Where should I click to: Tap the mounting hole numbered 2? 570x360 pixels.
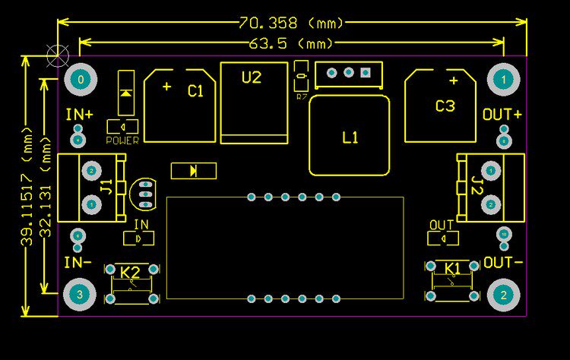[x=503, y=294]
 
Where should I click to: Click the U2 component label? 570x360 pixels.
[x=252, y=77]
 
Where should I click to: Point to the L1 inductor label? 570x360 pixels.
[x=350, y=137]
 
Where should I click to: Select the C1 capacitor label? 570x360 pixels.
[x=195, y=91]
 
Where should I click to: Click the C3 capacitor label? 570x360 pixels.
[x=445, y=106]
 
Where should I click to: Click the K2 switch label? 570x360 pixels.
[x=131, y=272]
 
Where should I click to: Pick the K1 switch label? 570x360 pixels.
[x=453, y=268]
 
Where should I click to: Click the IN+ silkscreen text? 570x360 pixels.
[x=79, y=115]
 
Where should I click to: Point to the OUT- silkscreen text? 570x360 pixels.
[x=503, y=263]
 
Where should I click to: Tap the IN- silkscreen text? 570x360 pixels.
[x=78, y=263]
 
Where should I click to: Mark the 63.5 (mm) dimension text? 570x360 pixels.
[x=291, y=43]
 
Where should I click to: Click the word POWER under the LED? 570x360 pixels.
[x=122, y=141]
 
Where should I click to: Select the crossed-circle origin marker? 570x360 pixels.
[x=58, y=54]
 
